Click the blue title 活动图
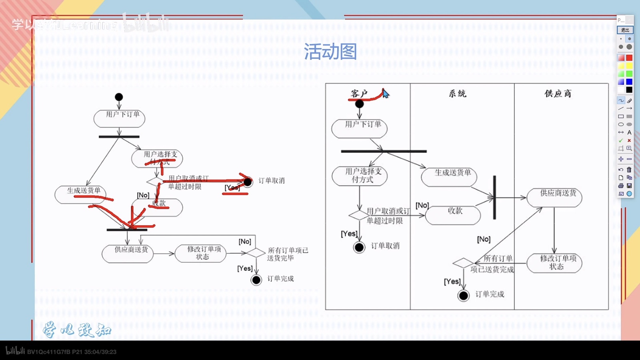(x=330, y=52)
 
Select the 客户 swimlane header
(x=359, y=94)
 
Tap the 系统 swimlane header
(x=458, y=94)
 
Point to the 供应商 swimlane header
(x=558, y=94)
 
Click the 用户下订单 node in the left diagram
(x=119, y=118)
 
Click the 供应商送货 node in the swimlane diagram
(x=554, y=197)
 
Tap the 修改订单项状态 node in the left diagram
(x=200, y=253)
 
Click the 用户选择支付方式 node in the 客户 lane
(x=359, y=176)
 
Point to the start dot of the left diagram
(x=119, y=97)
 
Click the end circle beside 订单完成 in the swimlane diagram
(x=463, y=296)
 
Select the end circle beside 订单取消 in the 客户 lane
(x=359, y=247)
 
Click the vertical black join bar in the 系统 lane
(x=494, y=197)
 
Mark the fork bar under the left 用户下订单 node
(x=119, y=137)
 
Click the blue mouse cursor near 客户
(x=385, y=94)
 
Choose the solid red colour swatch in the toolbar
(x=629, y=58)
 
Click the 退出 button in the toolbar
(x=625, y=30)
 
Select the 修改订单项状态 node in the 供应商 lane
(x=554, y=263)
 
